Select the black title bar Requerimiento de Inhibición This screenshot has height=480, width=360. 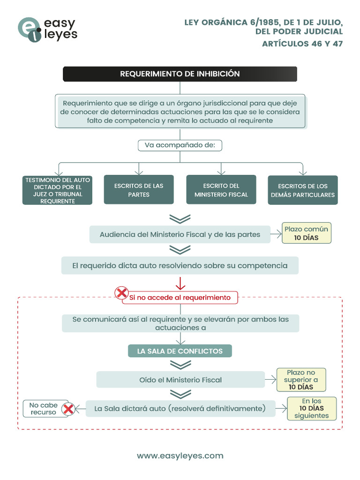click(180, 74)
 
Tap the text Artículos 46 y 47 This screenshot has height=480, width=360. click(302, 44)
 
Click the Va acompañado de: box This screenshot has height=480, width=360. click(180, 145)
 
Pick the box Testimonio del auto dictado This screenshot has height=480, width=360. click(57, 190)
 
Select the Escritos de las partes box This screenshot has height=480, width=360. click(139, 190)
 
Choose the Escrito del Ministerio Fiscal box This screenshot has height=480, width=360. click(221, 190)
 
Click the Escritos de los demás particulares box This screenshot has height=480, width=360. click(303, 190)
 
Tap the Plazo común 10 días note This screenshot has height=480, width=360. click(307, 233)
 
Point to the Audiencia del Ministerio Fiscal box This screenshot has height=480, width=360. click(180, 234)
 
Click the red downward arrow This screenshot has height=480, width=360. click(180, 283)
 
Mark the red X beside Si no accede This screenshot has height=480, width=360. click(122, 293)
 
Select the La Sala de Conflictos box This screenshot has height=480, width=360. click(180, 351)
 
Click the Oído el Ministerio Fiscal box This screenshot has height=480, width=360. click(180, 380)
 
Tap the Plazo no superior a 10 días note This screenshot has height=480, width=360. click(301, 380)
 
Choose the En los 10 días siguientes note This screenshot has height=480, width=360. click(312, 408)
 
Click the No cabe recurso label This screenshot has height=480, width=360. click(43, 409)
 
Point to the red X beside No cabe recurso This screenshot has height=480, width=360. click(68, 409)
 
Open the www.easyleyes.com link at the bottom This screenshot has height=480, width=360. click(180, 456)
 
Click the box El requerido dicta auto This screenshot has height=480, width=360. click(180, 265)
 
